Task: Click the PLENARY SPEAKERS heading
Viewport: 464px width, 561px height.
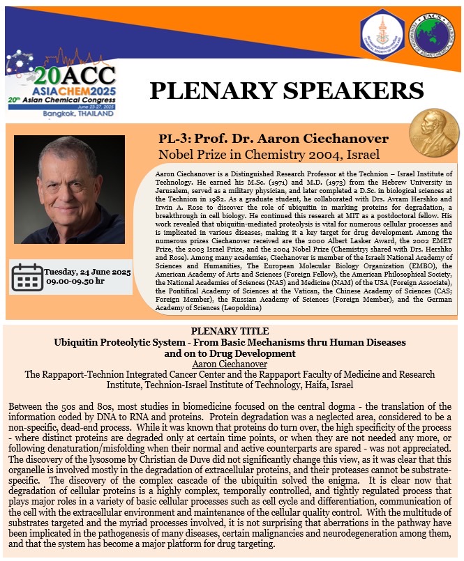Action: point(287,90)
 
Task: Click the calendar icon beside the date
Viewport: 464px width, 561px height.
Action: point(27,277)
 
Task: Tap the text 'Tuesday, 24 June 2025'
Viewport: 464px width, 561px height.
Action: point(87,270)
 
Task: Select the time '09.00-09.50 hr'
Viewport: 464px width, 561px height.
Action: point(77,282)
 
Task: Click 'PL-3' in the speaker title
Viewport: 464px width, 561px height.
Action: point(172,139)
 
